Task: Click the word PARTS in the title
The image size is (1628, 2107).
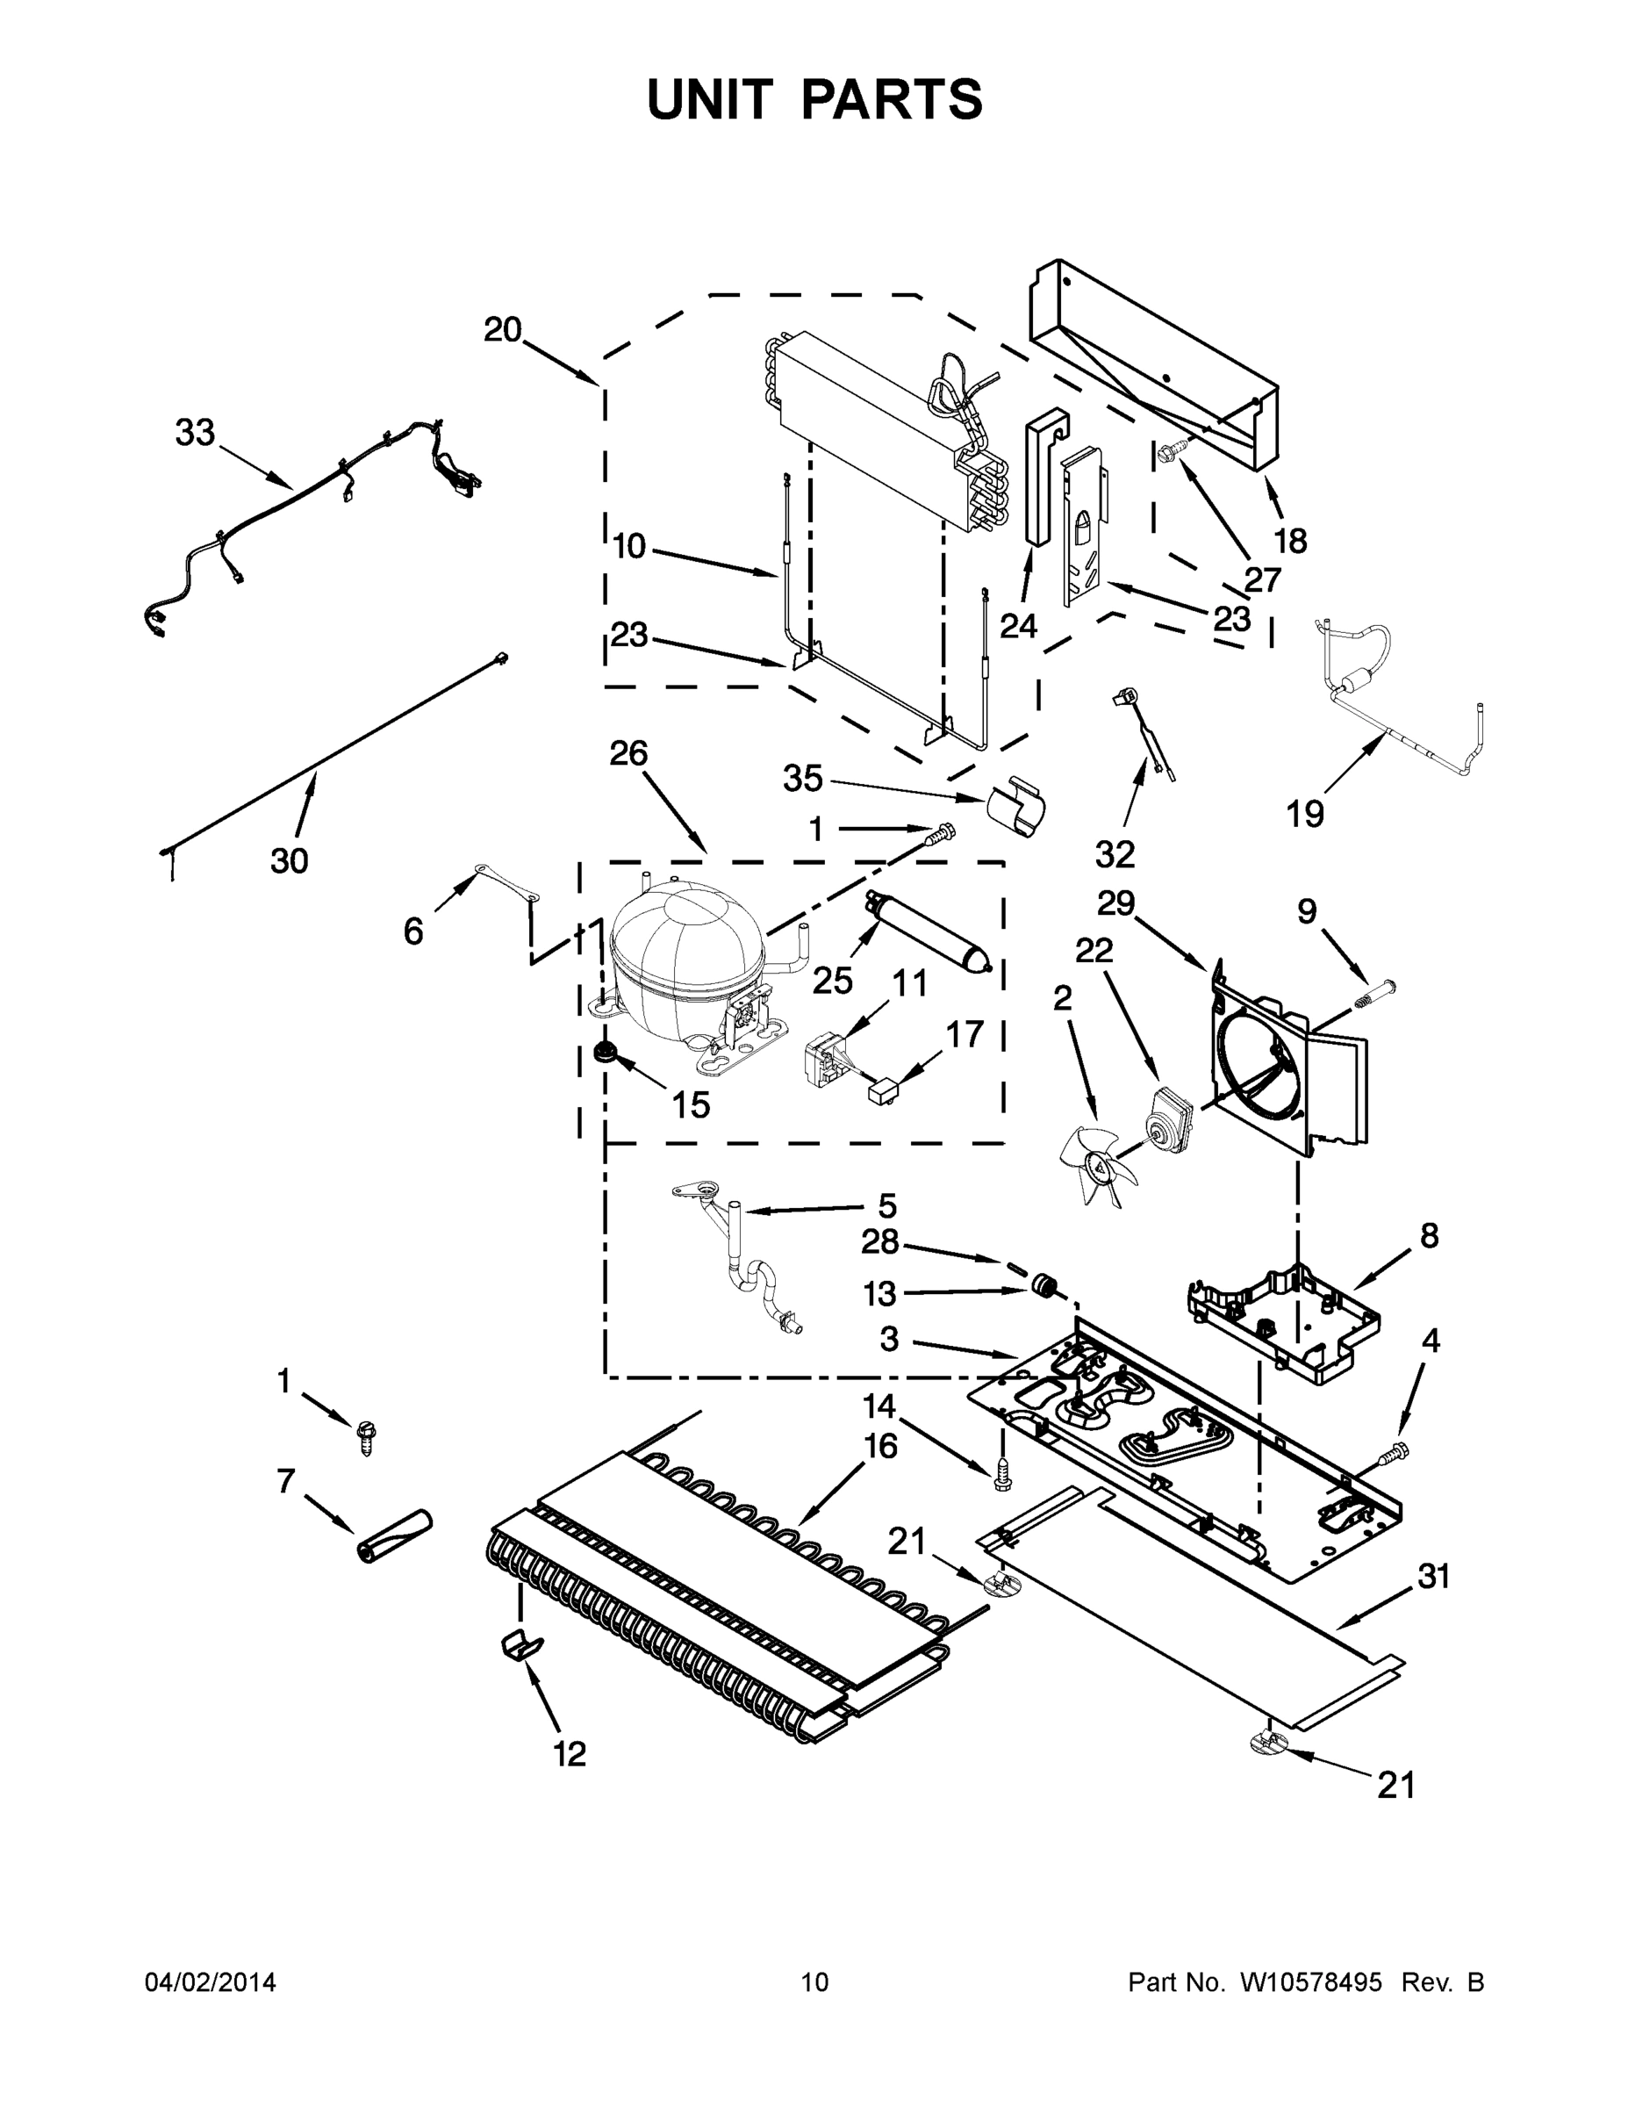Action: pos(891,99)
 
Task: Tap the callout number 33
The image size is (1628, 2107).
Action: pos(195,433)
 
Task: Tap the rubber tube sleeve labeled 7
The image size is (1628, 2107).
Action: pos(394,1535)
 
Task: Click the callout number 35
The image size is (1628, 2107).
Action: pos(802,779)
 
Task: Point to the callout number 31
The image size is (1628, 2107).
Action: pos(1434,1577)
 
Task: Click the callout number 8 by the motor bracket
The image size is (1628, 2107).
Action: pos(1430,1235)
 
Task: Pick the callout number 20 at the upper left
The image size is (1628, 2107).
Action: pos(503,330)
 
